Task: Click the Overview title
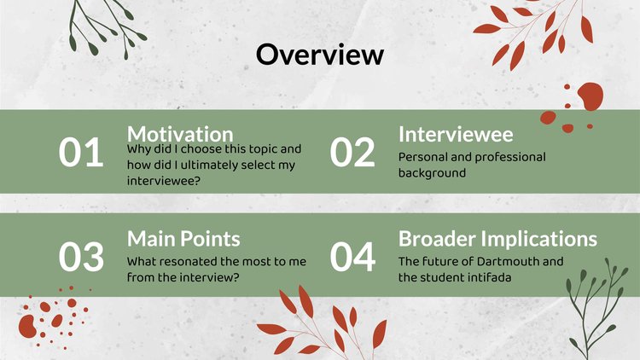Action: click(x=320, y=55)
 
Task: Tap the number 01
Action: click(x=81, y=152)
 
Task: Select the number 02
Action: click(x=352, y=152)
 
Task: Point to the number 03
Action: click(x=81, y=257)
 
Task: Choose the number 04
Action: click(x=352, y=257)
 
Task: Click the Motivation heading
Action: click(x=180, y=134)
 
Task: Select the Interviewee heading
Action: click(x=456, y=134)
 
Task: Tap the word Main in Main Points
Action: click(x=152, y=239)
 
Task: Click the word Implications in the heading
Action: click(x=538, y=240)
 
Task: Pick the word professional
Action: click(x=510, y=158)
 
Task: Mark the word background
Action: click(x=432, y=173)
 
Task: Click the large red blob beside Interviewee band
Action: click(x=591, y=96)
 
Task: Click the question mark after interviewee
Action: click(x=197, y=181)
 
